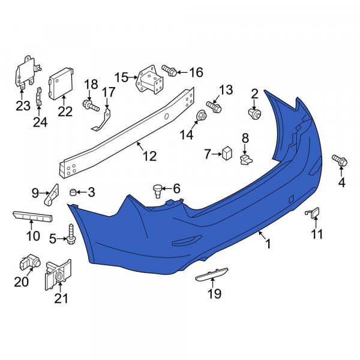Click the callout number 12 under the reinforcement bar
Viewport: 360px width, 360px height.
pos(149,156)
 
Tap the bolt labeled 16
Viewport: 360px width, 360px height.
pos(169,70)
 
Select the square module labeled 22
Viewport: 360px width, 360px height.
pos(61,83)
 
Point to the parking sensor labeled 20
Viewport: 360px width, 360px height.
pos(30,262)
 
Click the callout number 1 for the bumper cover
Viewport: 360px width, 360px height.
pos(268,244)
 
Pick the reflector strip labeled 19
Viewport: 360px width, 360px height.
pos(212,274)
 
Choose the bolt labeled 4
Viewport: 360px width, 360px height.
pos(340,160)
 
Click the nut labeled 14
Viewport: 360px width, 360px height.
pos(202,115)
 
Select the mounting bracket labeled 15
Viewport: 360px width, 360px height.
pos(150,79)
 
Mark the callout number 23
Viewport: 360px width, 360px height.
pos(23,106)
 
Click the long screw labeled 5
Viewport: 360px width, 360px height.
pos(71,234)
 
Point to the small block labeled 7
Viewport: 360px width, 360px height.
pos(227,153)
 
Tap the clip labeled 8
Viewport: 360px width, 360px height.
pos(246,160)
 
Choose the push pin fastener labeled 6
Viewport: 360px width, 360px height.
pos(157,191)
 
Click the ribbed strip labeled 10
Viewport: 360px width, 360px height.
pos(32,216)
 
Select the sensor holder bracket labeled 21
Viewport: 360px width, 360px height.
pos(58,275)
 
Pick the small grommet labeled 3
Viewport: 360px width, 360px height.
pos(73,192)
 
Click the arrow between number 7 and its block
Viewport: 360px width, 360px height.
pos(216,155)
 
